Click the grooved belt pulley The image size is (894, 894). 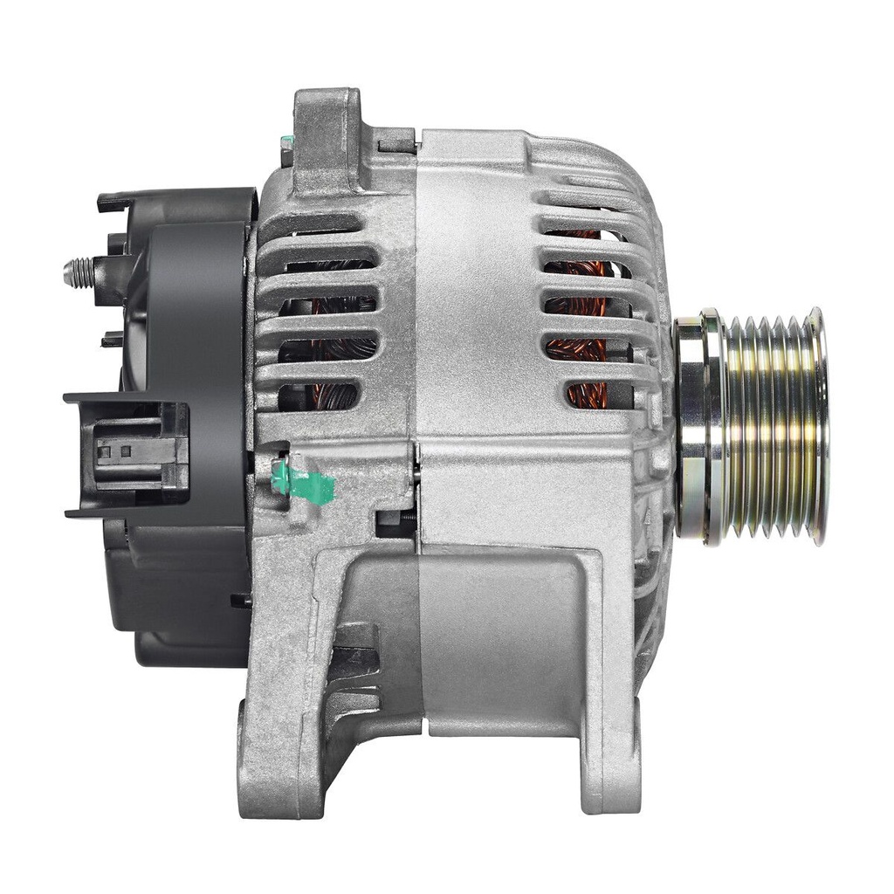(x=768, y=426)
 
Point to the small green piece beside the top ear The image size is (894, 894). (x=285, y=141)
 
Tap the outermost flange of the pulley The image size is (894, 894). (x=817, y=426)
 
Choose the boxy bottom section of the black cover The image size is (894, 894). (x=175, y=594)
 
